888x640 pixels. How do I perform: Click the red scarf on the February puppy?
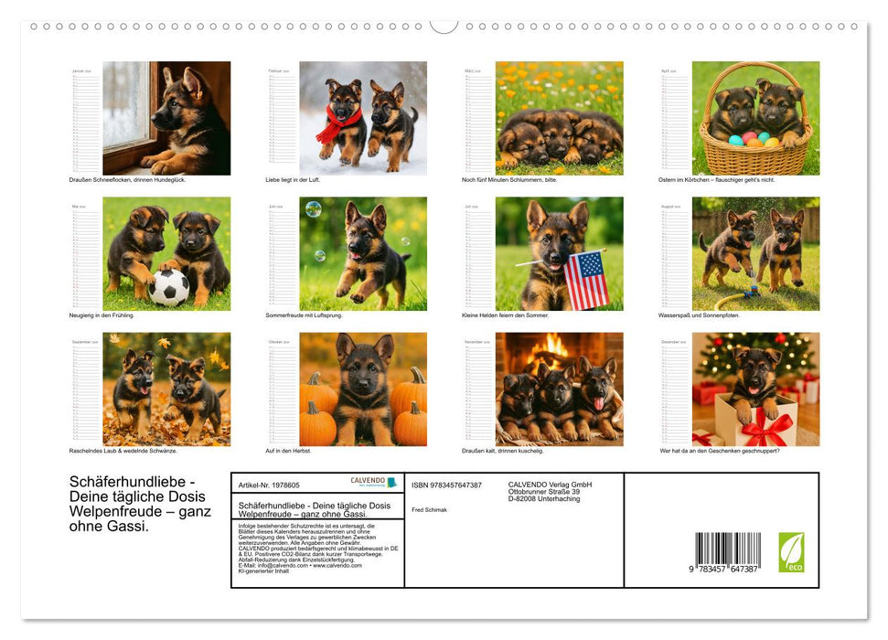click(x=337, y=123)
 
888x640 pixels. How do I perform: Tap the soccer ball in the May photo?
click(x=168, y=288)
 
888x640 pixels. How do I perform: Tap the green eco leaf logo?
click(x=791, y=551)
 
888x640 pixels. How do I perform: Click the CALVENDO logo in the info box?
click(x=373, y=483)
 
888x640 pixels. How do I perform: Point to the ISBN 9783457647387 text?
click(x=446, y=485)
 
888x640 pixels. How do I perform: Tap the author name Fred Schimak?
click(x=430, y=509)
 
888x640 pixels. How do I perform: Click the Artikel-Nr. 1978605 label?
click(x=269, y=485)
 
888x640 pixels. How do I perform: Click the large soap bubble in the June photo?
click(x=313, y=209)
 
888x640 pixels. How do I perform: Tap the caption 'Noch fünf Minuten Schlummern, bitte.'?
click(x=509, y=180)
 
